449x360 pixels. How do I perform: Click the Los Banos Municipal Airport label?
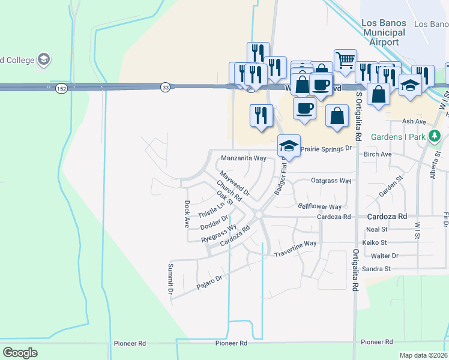click(384, 33)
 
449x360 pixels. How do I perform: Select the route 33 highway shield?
click(165, 88)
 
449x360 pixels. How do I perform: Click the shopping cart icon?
click(345, 59)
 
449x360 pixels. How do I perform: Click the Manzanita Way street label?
click(243, 158)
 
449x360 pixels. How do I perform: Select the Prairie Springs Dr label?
click(325, 148)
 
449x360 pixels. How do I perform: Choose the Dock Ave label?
click(187, 214)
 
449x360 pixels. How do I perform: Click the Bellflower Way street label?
click(319, 206)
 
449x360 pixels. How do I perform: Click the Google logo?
click(20, 353)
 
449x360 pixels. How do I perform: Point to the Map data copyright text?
click(423, 355)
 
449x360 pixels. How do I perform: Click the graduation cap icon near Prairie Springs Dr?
click(288, 145)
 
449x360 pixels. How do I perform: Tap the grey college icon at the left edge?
click(43, 59)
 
